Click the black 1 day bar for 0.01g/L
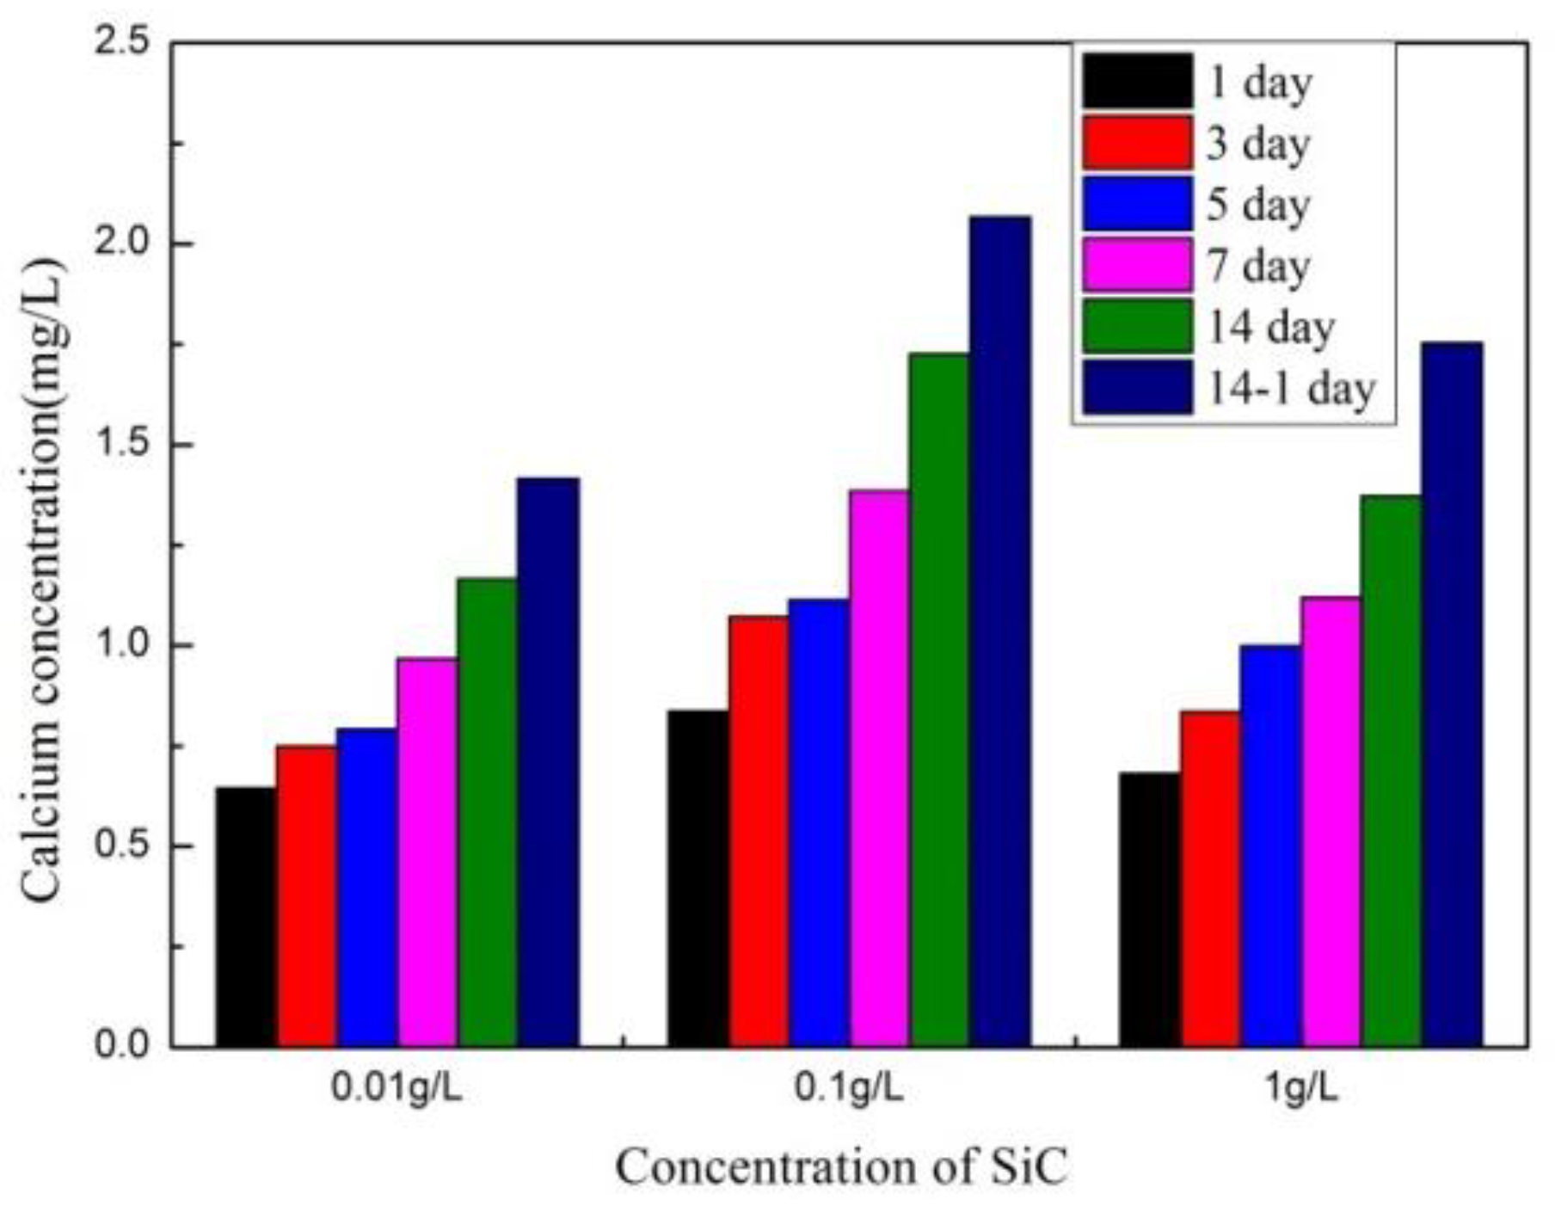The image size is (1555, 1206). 246,916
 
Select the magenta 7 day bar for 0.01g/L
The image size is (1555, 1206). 427,852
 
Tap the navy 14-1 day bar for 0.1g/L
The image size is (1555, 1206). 999,632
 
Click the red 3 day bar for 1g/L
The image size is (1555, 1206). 1209,877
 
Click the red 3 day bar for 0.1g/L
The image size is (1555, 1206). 759,830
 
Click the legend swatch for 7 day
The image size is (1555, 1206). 1137,265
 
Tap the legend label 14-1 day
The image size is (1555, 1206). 1291,388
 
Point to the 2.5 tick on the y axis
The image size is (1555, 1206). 120,42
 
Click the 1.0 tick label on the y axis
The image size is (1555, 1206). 120,645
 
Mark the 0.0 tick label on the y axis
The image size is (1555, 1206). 120,1046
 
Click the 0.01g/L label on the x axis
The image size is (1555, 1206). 397,1089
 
